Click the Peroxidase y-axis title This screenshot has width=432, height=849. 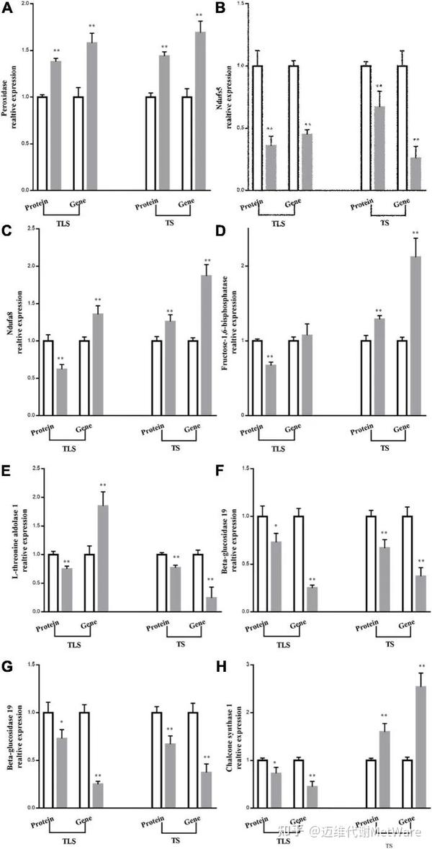(x=15, y=98)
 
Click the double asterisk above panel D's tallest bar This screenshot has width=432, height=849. (x=415, y=233)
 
